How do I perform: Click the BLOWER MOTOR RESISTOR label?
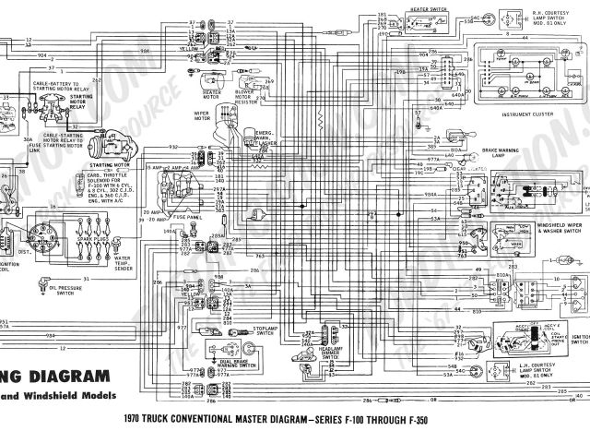click(246, 97)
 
